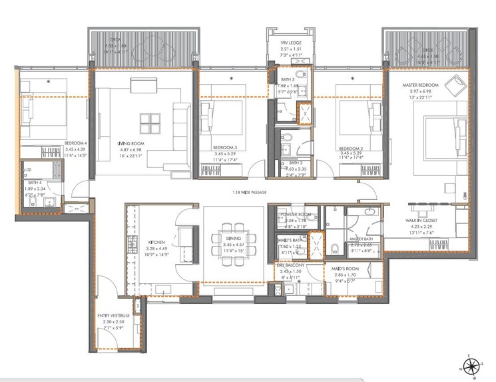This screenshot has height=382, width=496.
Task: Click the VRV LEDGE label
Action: (x=291, y=41)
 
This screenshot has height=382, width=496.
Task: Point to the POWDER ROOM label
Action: (x=296, y=215)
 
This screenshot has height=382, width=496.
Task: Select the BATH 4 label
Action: (x=35, y=182)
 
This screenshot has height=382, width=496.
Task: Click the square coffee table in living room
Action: (x=149, y=123)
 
